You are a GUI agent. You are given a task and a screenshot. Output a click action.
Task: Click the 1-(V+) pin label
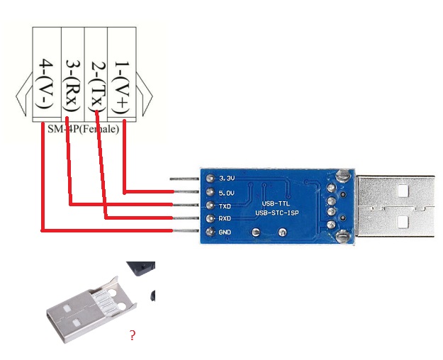tap(120, 86)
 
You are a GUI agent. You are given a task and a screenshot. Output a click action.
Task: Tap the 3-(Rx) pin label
tap(72, 86)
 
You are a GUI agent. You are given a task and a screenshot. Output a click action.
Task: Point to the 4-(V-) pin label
tap(46, 86)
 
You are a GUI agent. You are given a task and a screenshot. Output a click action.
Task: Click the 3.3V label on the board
tap(228, 177)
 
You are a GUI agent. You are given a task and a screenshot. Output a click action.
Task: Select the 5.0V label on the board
tap(228, 191)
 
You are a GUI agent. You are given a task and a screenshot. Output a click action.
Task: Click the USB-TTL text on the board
tap(276, 203)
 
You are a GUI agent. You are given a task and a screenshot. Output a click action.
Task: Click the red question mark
tap(132, 335)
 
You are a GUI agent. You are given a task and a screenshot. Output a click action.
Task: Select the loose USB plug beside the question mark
tap(89, 312)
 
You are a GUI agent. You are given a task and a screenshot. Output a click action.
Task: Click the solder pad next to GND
tap(210, 232)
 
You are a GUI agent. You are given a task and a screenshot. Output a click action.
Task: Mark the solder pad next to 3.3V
tap(210, 178)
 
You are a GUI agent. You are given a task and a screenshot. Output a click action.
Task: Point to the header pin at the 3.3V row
tap(186, 178)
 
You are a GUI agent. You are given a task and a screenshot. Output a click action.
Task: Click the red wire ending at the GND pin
tap(106, 230)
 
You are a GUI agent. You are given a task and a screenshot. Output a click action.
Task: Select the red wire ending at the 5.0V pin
tap(149, 191)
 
